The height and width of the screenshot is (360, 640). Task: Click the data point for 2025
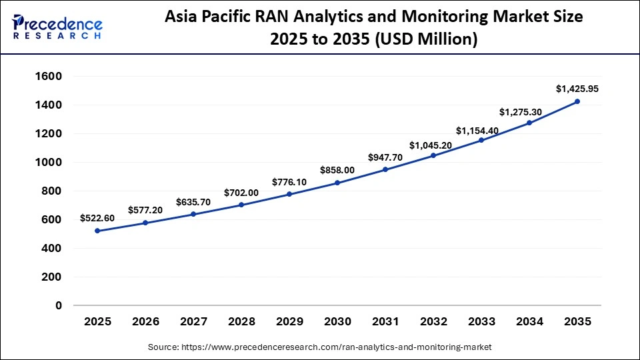[x=97, y=231]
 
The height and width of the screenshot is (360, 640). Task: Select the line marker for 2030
[x=337, y=183]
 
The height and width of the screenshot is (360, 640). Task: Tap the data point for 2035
[x=577, y=101]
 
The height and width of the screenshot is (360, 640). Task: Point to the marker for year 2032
[x=433, y=155]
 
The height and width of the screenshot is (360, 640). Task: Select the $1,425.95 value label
[x=577, y=89]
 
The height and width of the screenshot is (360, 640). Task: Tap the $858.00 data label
[x=337, y=170]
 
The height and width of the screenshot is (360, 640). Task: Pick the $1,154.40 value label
[x=481, y=131]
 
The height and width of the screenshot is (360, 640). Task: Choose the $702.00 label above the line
[x=241, y=192]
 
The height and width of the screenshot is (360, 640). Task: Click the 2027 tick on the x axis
[x=193, y=321]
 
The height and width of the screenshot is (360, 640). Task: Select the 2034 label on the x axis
[x=529, y=321]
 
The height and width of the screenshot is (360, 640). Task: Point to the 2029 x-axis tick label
[x=289, y=321]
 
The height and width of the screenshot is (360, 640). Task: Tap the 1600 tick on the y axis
[x=47, y=77]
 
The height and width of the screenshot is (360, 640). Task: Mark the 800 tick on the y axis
[x=51, y=191]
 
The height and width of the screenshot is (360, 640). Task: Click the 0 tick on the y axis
[x=59, y=305]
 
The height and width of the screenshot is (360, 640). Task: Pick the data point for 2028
[x=241, y=205]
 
